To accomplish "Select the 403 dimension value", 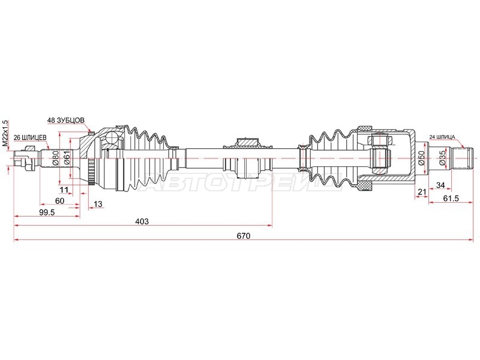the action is (x=143, y=221).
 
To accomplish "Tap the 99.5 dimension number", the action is (x=47, y=212).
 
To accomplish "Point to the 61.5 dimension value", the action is (x=451, y=199).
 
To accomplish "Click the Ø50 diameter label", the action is (x=422, y=158).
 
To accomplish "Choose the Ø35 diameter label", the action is (x=443, y=158).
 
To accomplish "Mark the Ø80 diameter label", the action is (x=56, y=158).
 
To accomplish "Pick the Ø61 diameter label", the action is (x=68, y=158).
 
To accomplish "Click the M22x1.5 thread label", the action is (x=5, y=133).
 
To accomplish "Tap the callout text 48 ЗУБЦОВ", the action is (x=66, y=121).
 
